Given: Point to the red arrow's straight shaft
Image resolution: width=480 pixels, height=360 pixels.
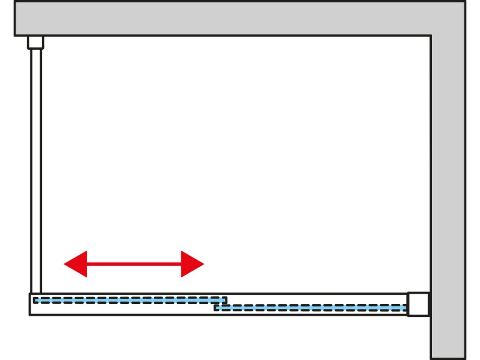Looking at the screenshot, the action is click(x=134, y=264).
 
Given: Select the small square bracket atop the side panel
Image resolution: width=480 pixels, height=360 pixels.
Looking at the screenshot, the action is click(x=35, y=43).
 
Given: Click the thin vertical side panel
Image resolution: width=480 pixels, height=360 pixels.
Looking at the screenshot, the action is click(x=36, y=169).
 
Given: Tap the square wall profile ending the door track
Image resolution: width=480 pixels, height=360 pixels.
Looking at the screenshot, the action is click(x=418, y=304).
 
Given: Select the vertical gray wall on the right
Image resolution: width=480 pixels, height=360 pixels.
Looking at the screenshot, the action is click(x=448, y=197).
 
